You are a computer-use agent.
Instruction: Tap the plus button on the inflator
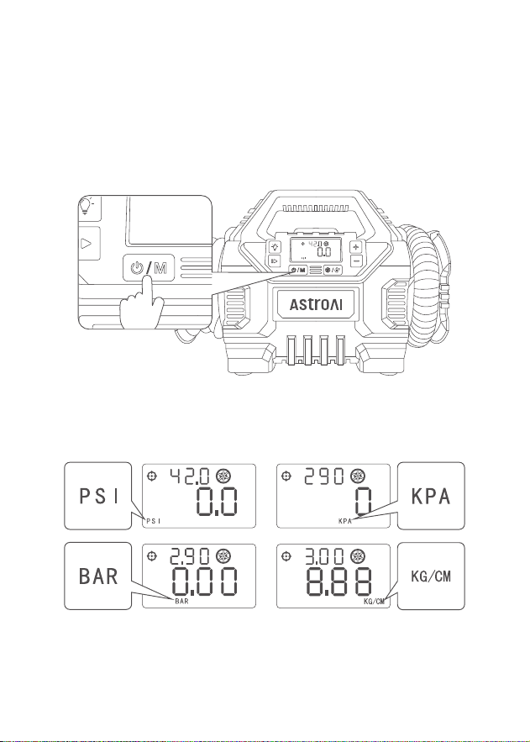[x=356, y=247]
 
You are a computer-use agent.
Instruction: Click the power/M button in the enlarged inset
[x=149, y=268]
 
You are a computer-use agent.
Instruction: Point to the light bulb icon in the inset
[x=86, y=207]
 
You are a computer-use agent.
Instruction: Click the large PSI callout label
[x=98, y=496]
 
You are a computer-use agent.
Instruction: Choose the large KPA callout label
[x=431, y=496]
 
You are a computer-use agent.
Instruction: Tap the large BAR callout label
[x=98, y=576]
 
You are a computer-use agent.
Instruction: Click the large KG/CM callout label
[x=431, y=576]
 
